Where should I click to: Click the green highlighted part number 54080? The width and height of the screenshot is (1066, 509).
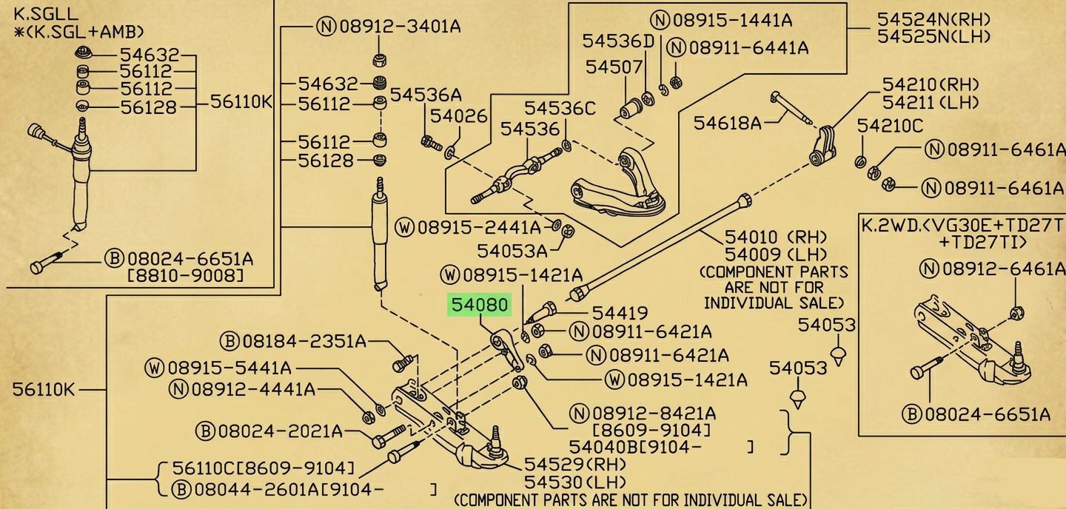coord(480,305)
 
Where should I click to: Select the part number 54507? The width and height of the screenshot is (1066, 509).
coord(614,67)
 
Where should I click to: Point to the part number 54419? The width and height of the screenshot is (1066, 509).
coord(620,313)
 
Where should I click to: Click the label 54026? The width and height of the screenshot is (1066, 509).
coord(459,116)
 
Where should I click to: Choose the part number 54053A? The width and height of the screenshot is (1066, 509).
coord(512,251)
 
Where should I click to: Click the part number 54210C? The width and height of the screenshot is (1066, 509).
coord(890,126)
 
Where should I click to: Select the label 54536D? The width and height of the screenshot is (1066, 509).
coord(619,41)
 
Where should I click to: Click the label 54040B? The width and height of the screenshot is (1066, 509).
coord(604,447)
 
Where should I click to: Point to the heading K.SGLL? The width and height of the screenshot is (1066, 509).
coord(46,10)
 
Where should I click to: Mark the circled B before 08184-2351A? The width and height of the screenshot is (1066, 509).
coord(229,342)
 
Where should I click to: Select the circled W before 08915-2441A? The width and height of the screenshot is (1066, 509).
coord(404,228)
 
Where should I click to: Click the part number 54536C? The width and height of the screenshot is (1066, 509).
coord(560,109)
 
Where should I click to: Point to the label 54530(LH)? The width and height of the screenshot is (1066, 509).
coord(575,482)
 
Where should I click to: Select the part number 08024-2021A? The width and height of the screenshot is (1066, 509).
coord(281,431)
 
